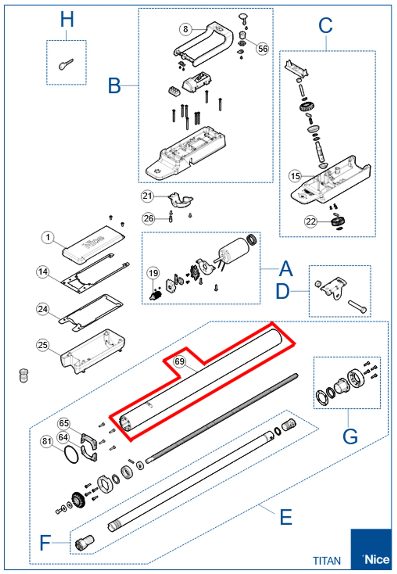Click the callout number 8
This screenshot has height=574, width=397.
coord(185,29)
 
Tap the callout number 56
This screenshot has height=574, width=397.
coord(263,49)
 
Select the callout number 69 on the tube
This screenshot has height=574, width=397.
coord(180,361)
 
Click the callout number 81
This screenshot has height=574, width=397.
coord(47,441)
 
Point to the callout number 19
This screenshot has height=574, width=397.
coord(153,273)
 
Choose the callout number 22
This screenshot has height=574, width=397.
coord(311,221)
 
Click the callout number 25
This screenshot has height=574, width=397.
coord(43,345)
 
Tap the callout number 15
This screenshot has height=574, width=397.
coord(295,176)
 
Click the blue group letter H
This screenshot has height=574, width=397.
coord(67,20)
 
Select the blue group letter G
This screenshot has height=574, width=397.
coord(350,436)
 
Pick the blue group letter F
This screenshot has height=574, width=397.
coord(45,543)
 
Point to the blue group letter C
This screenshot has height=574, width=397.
coord(325,26)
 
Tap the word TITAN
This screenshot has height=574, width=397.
coord(327,561)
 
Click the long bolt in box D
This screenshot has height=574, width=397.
coord(357,307)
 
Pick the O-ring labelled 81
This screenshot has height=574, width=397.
coord(71,454)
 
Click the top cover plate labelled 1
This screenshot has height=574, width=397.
coord(93,244)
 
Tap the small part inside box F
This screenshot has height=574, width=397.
coord(84,543)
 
